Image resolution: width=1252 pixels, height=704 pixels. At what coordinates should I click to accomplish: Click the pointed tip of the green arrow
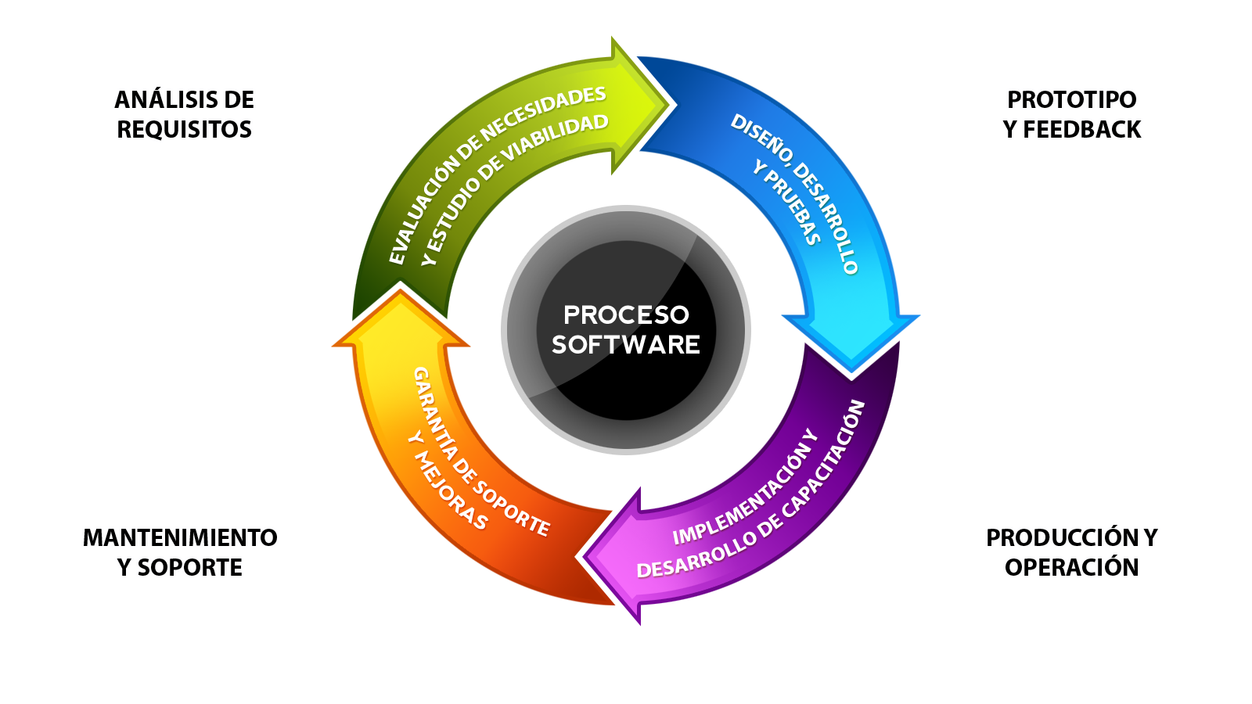[669, 105]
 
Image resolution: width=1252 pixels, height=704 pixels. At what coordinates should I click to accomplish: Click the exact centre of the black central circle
[626, 329]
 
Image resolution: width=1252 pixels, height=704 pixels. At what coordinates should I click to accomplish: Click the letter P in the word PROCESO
[571, 315]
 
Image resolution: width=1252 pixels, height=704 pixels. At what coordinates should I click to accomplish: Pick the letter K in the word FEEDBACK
[1132, 130]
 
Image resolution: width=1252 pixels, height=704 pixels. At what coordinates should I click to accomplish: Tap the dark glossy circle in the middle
[626, 329]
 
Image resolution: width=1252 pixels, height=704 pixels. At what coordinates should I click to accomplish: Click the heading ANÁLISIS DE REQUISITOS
[184, 114]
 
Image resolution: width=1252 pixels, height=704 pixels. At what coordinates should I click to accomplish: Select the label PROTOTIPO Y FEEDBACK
[1071, 114]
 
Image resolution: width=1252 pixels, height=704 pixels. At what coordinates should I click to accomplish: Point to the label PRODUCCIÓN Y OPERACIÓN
[1071, 552]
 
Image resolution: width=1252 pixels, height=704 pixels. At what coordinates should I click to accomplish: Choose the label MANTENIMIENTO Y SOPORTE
[180, 552]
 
